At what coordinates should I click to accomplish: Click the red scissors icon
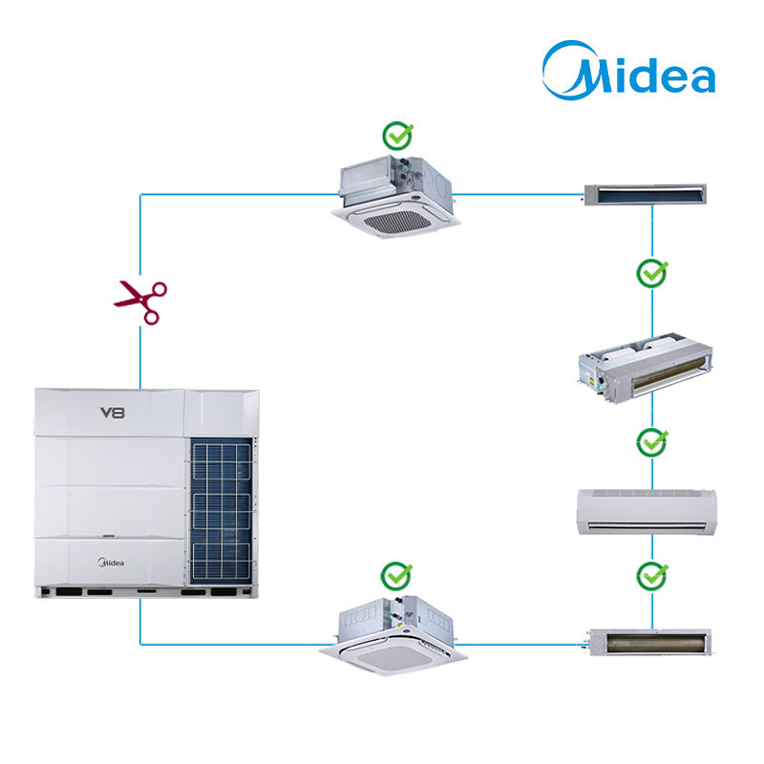click(x=139, y=302)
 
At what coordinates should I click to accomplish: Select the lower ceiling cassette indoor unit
click(x=394, y=634)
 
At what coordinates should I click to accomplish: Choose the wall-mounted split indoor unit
click(x=647, y=510)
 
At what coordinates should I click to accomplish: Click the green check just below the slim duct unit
click(x=652, y=274)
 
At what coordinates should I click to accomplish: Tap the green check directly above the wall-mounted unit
click(x=652, y=443)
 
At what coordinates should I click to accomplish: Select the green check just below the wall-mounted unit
click(x=652, y=576)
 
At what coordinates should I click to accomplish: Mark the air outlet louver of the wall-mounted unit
click(x=647, y=525)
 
